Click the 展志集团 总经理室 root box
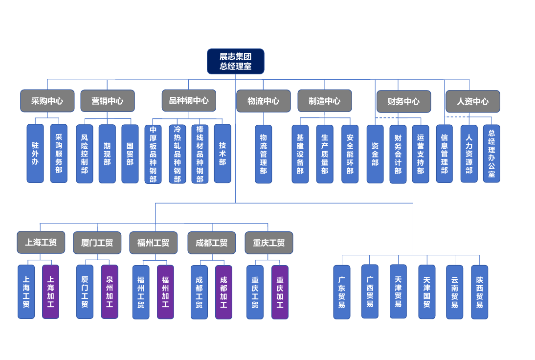[235, 61]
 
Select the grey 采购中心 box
[47, 101]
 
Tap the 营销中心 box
[107, 101]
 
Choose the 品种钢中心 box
[189, 100]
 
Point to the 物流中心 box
[263, 101]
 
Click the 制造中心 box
[324, 101]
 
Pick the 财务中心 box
[403, 101]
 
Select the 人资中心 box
[472, 101]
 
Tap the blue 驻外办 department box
[35, 153]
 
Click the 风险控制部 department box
[85, 154]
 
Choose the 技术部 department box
[223, 153]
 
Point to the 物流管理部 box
[263, 154]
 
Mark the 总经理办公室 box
[491, 153]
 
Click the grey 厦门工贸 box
[97, 243]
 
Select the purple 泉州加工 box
[110, 292]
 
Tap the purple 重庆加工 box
[280, 292]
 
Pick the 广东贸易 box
[342, 292]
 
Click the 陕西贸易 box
[479, 292]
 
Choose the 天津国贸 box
[426, 292]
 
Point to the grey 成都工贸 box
[211, 243]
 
